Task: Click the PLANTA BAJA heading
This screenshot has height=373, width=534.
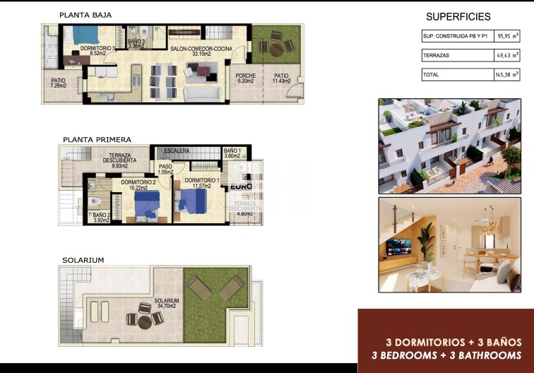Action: click(x=85, y=14)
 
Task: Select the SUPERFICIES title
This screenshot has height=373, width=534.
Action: click(x=458, y=17)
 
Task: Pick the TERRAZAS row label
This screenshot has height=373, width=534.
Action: click(x=435, y=54)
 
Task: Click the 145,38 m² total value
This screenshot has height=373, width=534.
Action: click(x=509, y=73)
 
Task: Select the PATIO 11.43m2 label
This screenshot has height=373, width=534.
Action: click(x=281, y=78)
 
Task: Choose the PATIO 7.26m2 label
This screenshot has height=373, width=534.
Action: click(x=59, y=83)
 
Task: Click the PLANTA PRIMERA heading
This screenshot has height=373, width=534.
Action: click(x=96, y=140)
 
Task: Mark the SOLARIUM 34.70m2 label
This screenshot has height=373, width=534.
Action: click(x=167, y=303)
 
